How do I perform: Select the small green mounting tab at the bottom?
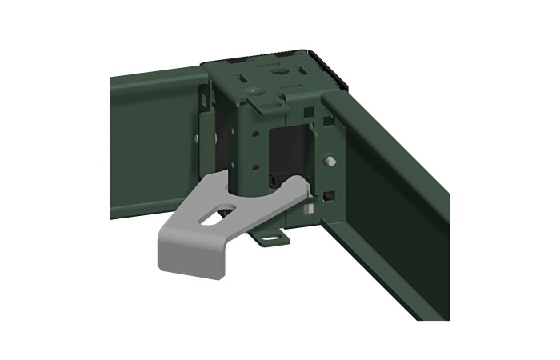pos(270,238)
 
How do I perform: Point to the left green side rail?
pos(152,144)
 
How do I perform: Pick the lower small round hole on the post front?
pos(254,169)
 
